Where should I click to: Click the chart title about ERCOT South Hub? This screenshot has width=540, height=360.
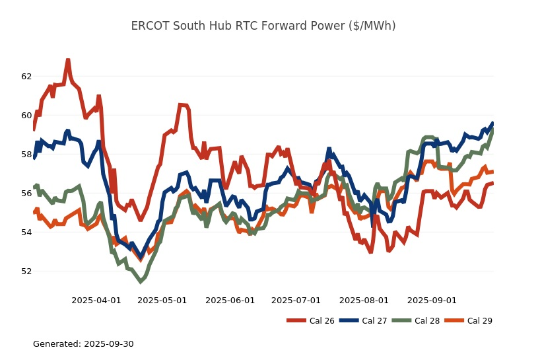pos(263,26)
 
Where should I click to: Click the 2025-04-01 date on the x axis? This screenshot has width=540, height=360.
pos(96,300)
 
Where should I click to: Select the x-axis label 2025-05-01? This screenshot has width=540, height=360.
pos(162,300)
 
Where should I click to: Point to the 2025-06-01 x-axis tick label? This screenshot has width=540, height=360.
pos(230,300)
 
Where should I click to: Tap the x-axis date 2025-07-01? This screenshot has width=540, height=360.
pos(296,300)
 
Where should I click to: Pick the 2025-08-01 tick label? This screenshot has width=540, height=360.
pos(364,300)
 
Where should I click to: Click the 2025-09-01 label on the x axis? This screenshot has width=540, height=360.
pos(432,300)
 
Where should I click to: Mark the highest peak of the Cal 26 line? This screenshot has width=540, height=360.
pos(67,60)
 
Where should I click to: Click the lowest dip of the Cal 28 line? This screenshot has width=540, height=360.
pos(140,281)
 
